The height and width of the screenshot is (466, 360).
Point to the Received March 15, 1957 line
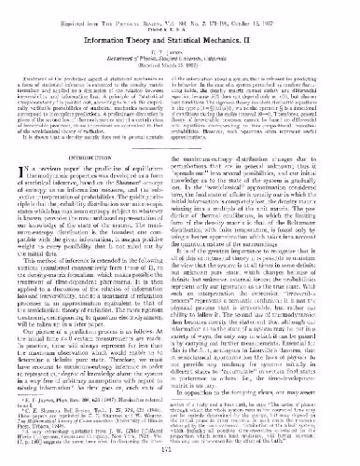(179, 64)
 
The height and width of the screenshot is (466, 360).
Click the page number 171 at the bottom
(179, 458)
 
